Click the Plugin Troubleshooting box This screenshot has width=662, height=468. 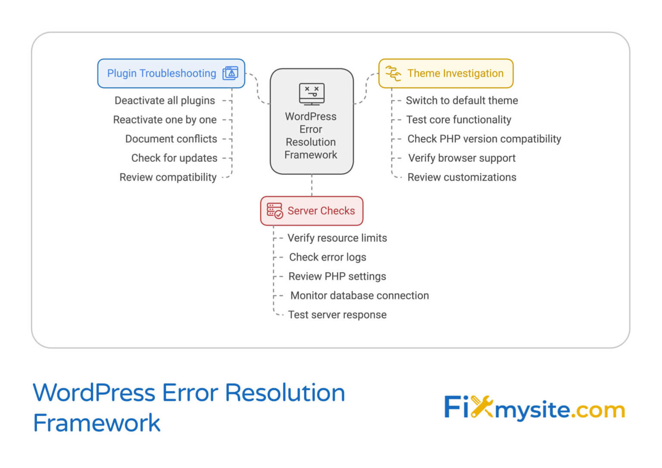pos(171,73)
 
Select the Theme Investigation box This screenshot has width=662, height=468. pos(446,73)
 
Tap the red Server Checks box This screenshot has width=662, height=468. pos(312,211)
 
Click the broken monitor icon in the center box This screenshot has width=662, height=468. pos(312,94)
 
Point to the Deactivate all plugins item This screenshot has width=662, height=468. pos(165,101)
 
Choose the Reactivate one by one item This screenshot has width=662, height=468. pos(165,120)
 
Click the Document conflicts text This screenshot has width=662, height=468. pos(171,139)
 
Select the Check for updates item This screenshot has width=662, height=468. pos(174,158)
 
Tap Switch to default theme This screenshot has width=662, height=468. pos(462,101)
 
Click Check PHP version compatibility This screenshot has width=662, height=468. pos(484,139)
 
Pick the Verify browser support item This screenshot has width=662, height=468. pos(462,158)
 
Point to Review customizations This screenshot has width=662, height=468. pos(462,177)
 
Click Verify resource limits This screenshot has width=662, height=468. pos(337,238)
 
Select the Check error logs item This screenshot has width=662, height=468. pos(328,258)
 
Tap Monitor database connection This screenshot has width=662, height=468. pos(359,296)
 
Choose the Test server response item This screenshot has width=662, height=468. pos(337,315)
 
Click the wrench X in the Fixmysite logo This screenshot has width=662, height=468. pos(481,407)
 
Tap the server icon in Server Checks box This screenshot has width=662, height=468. pos(275,210)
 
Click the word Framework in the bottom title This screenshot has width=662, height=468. pos(97,423)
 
